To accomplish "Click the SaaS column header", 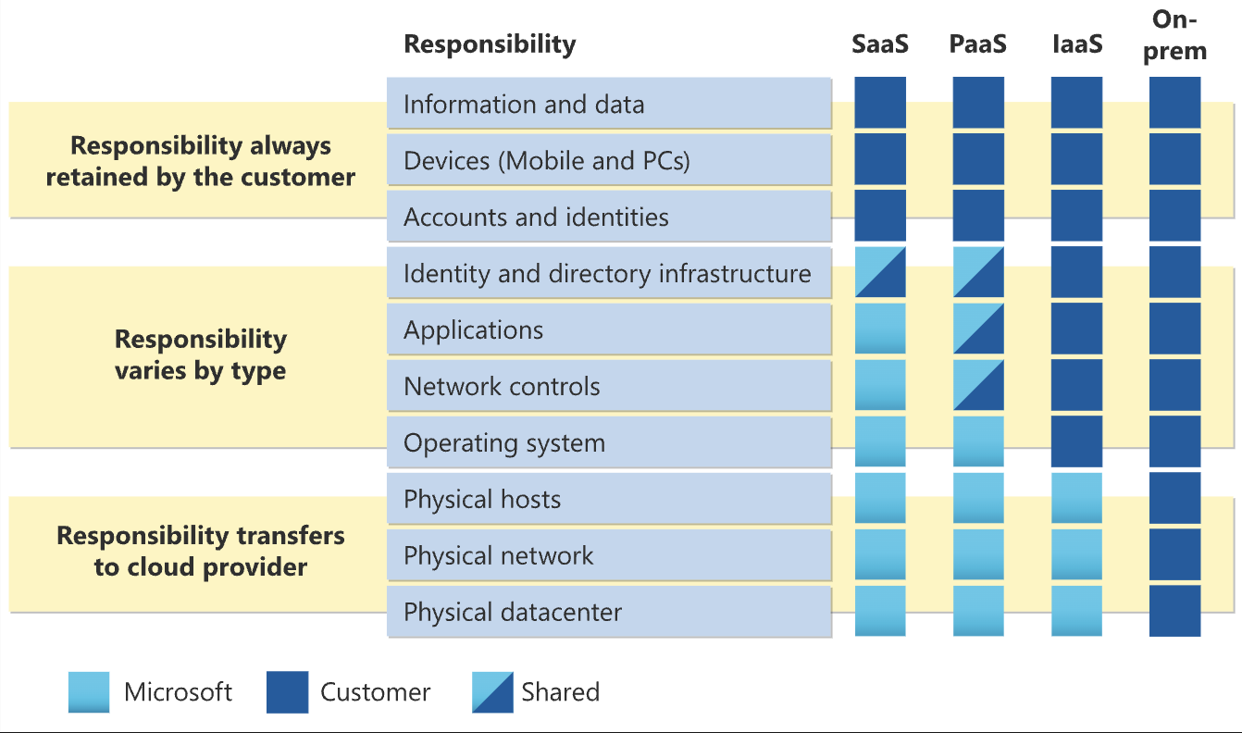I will point(879,43).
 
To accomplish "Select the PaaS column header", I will point(978,43).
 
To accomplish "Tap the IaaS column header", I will point(1077,43).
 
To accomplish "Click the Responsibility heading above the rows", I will point(490,43).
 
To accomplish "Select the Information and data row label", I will point(524,104).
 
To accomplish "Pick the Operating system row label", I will point(504,442).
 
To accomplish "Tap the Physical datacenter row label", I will point(513,612).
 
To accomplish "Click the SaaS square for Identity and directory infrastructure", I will point(880,272).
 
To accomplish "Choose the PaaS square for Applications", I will point(978,329).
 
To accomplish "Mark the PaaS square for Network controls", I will point(978,385).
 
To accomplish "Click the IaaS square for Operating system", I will point(1077,441).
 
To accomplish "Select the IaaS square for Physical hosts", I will point(1077,498).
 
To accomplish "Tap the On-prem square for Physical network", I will point(1175,554).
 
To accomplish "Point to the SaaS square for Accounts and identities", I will point(880,216).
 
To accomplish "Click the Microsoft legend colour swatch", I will point(89,692).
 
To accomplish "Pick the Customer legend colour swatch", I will point(287,692).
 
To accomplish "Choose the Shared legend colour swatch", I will point(491,692).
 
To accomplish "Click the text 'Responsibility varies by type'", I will point(200,354).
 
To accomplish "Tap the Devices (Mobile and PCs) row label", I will point(547,160).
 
